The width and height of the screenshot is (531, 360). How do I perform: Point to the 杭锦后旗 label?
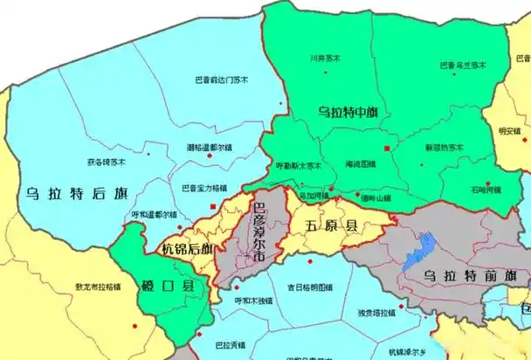[187, 249]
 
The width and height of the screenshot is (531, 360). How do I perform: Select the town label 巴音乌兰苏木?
[462, 64]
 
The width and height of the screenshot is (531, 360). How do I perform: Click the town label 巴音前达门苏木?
[221, 80]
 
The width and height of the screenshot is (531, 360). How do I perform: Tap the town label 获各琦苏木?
[106, 162]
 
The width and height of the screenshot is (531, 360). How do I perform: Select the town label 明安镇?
[508, 132]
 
